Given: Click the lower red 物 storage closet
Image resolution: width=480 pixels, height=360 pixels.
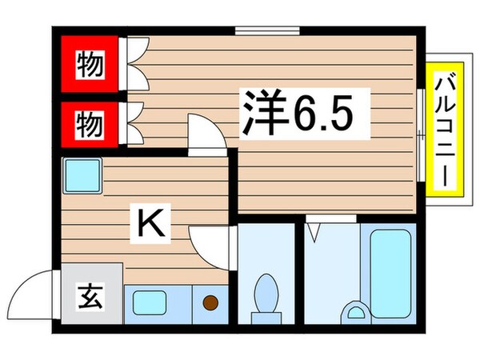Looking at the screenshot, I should pyautogui.click(x=90, y=124).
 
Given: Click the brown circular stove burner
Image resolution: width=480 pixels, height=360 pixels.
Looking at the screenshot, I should pyautogui.click(x=210, y=302).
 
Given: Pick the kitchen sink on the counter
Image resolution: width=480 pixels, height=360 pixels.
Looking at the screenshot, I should pyautogui.click(x=150, y=302).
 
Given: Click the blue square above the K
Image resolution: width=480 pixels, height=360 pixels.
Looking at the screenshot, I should pyautogui.click(x=82, y=174).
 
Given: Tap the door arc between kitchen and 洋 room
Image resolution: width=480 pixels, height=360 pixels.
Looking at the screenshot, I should pyautogui.click(x=206, y=132).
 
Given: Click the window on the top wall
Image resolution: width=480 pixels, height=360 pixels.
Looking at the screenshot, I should pyautogui.click(x=267, y=31).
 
